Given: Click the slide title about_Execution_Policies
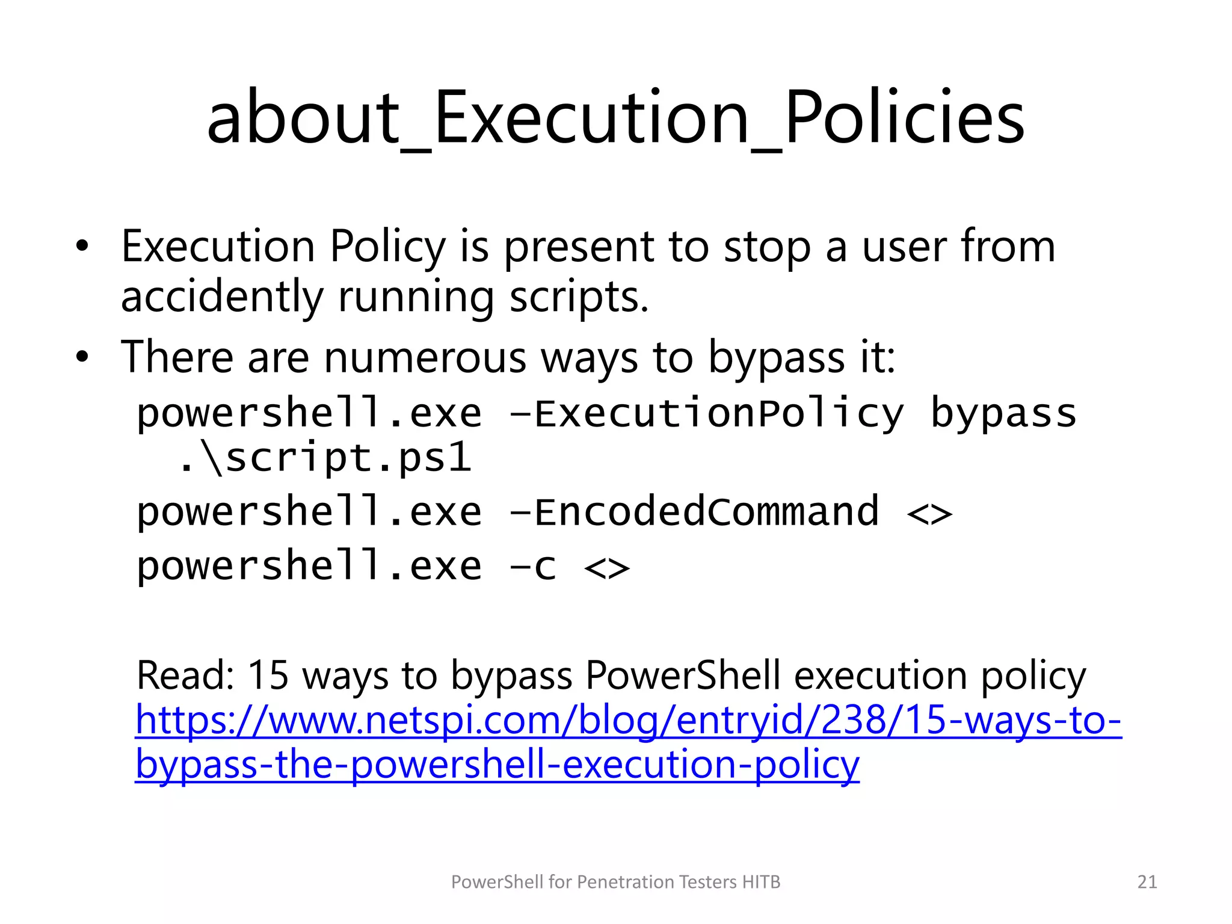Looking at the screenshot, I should point(615,117).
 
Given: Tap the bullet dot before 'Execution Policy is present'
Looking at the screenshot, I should point(82,247).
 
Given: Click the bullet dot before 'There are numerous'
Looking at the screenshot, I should point(82,357).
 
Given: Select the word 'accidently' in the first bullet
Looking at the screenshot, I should point(222,297).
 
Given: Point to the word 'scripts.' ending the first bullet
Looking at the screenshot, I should point(579,297).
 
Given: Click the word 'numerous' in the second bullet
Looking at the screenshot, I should point(425,357).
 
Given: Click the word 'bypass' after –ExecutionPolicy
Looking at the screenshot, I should point(1003,414).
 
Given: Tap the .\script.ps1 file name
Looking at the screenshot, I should point(325,458).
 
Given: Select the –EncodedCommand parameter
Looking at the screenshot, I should point(694,513).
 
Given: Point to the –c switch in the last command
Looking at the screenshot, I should point(533,567).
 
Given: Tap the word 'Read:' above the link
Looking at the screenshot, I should point(185,675).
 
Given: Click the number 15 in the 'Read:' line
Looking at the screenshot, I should point(268,675).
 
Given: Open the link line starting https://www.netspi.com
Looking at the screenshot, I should point(628,720).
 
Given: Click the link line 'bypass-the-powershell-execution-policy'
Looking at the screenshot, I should point(497,765).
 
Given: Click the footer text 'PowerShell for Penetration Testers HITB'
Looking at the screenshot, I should point(615,882).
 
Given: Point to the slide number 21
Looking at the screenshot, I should point(1147,882).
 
